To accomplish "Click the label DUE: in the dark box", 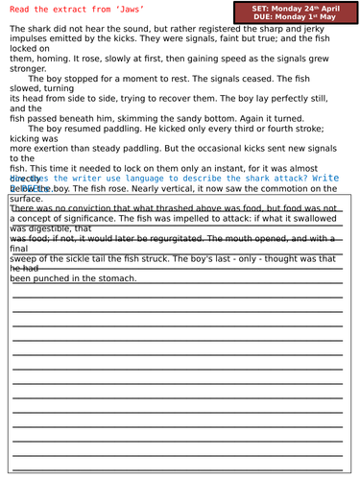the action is coord(268,19).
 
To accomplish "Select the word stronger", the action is coord(29,96).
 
